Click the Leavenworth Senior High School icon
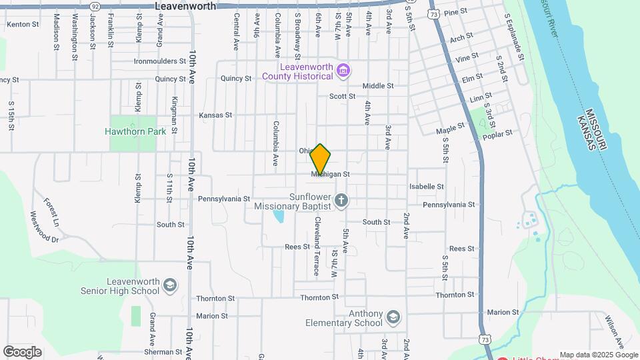(x=170, y=285)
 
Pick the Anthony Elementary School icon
(x=393, y=316)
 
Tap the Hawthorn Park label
(x=135, y=131)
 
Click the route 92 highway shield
(x=95, y=5)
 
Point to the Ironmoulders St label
(x=159, y=61)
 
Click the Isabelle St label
(x=427, y=187)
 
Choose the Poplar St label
(x=499, y=133)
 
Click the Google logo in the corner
(x=22, y=351)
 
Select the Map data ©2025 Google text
(x=599, y=355)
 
